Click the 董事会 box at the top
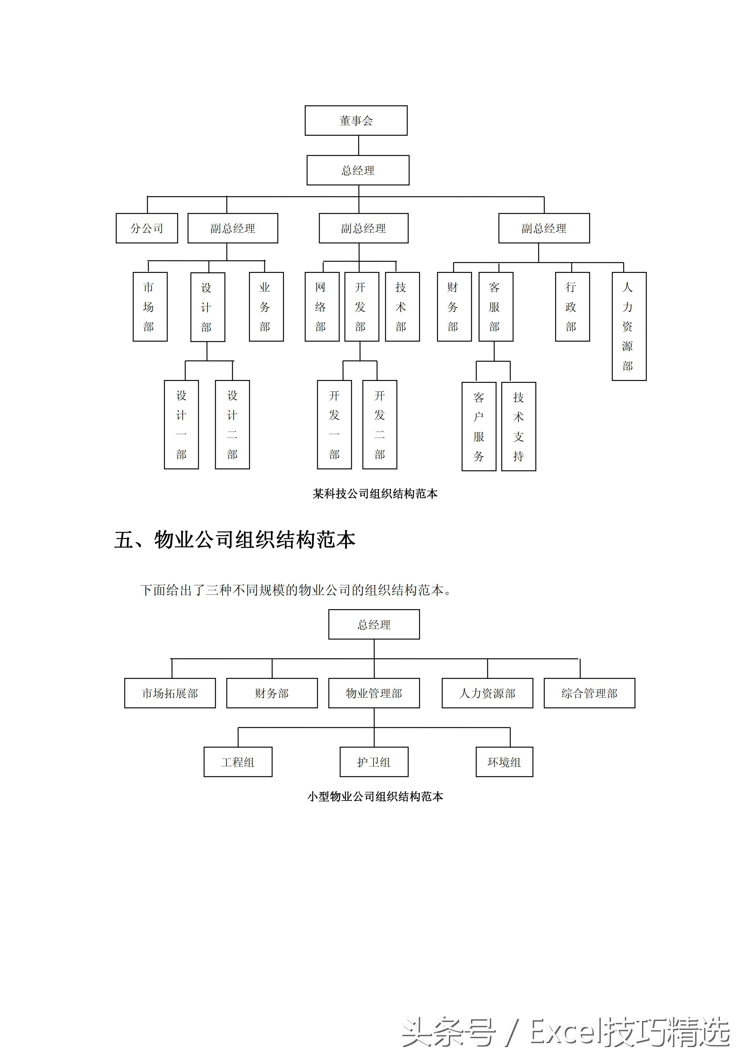tap(356, 121)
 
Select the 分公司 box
tap(147, 228)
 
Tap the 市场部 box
tap(150, 307)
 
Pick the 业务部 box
tap(266, 307)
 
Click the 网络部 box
tap(322, 307)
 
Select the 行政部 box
tap(572, 307)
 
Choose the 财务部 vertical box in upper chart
tap(454, 307)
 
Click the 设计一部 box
tap(181, 424)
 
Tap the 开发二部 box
tap(379, 424)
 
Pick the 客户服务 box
tap(478, 426)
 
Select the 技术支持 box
tap(518, 426)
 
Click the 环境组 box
tap(504, 762)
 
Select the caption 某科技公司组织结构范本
tap(375, 494)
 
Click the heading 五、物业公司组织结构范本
tap(235, 539)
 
